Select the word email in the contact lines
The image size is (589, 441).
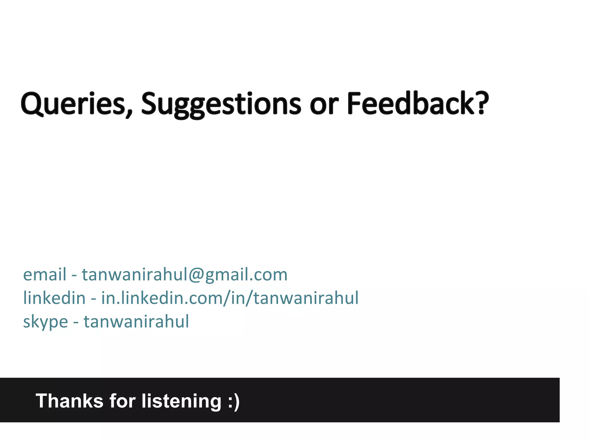45,274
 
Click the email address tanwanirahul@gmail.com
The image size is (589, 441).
185,274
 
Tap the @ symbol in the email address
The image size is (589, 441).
196,275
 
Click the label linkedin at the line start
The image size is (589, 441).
54,298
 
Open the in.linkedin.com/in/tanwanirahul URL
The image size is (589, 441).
230,298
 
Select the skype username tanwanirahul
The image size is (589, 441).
136,321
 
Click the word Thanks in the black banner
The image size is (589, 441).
69,401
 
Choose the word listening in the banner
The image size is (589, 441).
181,401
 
